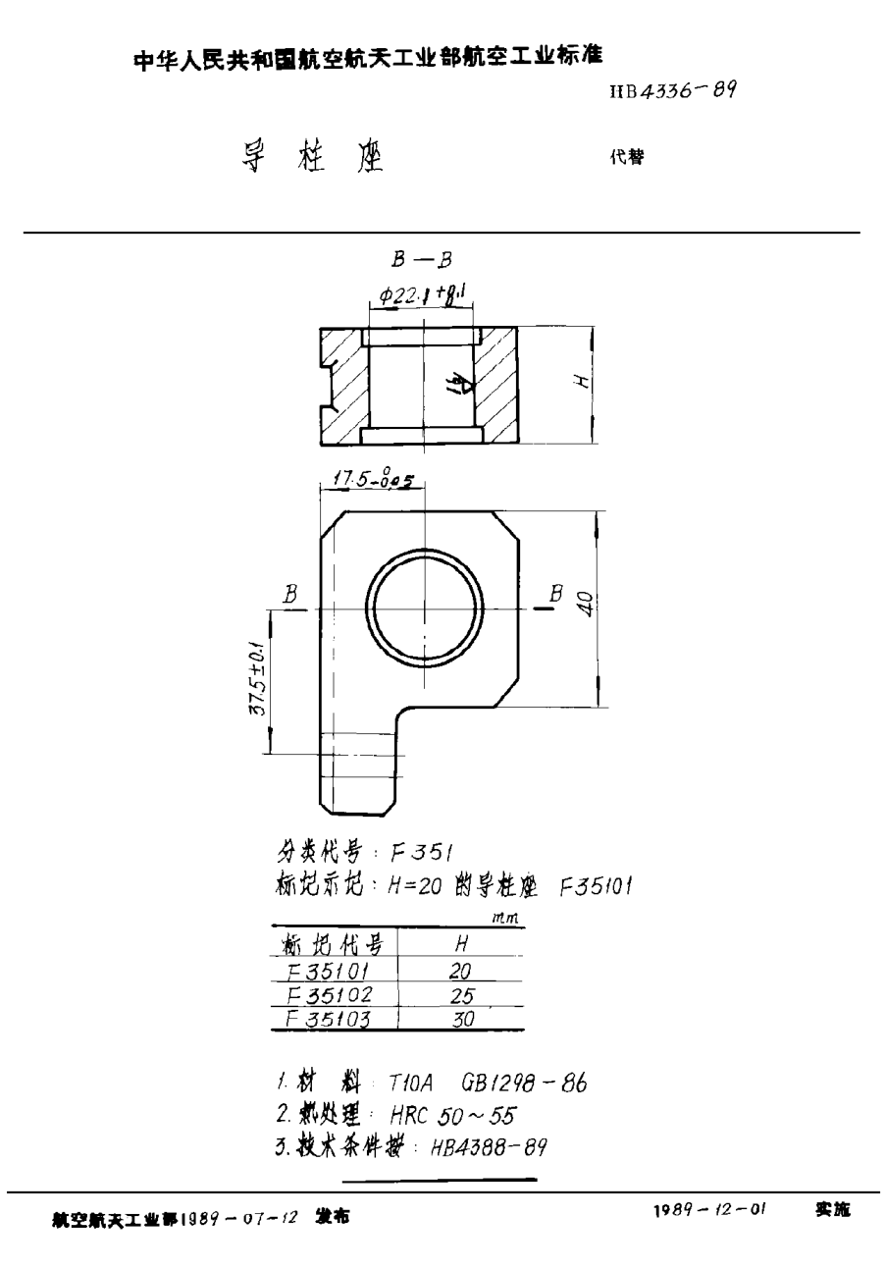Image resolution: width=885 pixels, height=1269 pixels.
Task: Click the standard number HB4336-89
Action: click(x=673, y=91)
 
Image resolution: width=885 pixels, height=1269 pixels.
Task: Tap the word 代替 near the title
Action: click(x=627, y=156)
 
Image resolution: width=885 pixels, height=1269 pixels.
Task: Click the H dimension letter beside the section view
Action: click(x=582, y=383)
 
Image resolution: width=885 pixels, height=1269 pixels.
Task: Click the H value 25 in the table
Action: click(x=460, y=995)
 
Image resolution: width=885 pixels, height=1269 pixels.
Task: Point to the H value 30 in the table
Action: click(x=461, y=1019)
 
